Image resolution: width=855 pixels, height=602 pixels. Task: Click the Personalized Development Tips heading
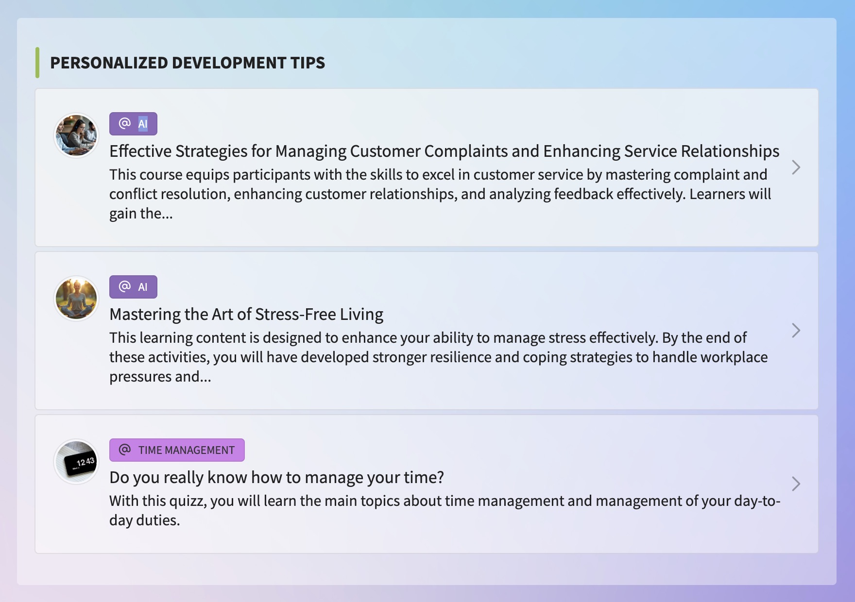pos(188,63)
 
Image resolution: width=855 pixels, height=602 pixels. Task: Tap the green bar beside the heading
pos(37,63)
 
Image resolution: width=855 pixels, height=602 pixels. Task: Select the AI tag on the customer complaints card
pos(133,124)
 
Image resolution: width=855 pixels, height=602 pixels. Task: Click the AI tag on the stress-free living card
pos(133,287)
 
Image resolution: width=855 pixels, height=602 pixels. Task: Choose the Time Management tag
pos(177,450)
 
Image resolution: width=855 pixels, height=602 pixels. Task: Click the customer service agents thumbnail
pos(76,135)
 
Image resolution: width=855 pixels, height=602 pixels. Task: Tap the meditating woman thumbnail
pos(76,299)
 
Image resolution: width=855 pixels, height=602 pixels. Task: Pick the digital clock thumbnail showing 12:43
pos(76,462)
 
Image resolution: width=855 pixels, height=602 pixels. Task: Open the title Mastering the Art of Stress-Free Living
pos(246,314)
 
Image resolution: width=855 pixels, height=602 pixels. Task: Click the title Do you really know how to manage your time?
pos(276,477)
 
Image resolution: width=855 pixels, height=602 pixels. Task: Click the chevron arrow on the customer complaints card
pos(796,167)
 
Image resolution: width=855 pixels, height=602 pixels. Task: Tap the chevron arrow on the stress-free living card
pos(796,331)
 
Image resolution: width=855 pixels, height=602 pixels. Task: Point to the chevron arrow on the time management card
pos(796,484)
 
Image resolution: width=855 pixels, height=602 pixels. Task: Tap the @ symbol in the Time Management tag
pos(125,450)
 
